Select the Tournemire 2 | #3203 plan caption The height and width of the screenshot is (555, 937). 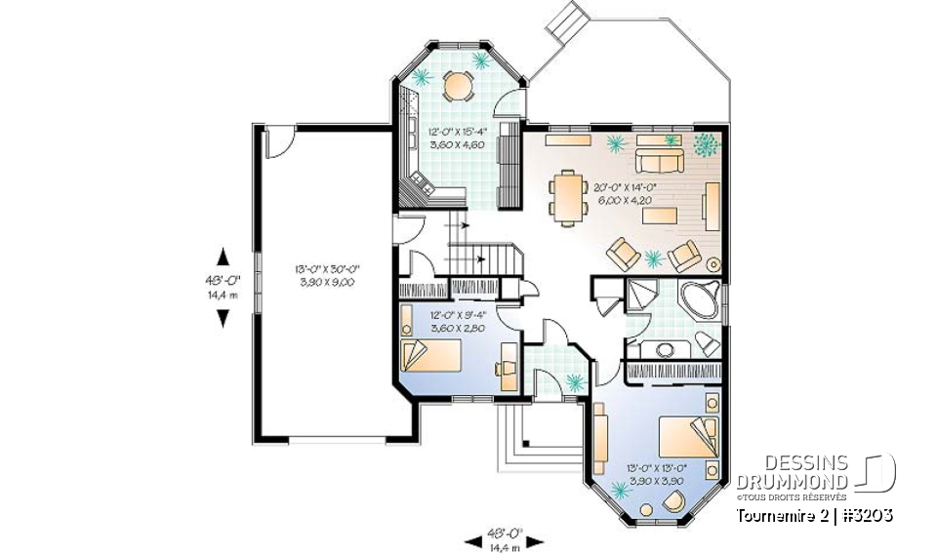pyautogui.click(x=812, y=515)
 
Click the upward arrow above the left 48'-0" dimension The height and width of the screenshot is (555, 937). pyautogui.click(x=223, y=257)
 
